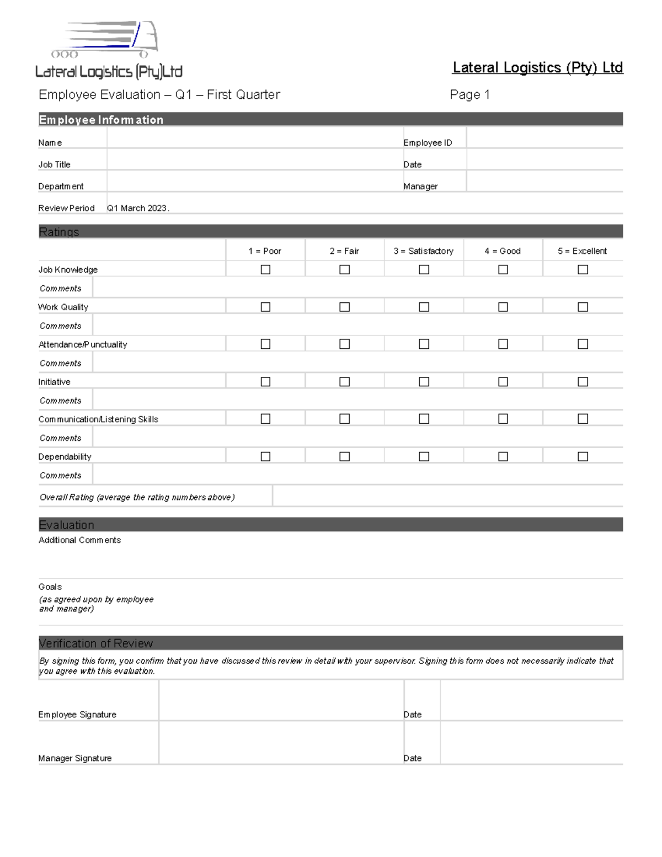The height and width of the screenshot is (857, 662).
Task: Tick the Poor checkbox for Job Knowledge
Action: coord(265,269)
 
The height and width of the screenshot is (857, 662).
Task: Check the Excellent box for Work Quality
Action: coord(583,307)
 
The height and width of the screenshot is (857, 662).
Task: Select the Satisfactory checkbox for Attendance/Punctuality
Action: coord(424,344)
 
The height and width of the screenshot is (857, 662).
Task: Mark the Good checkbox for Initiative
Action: coord(503,381)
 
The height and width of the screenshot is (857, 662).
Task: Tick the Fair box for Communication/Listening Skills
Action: coord(345,419)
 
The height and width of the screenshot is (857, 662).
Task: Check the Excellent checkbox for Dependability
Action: coord(583,456)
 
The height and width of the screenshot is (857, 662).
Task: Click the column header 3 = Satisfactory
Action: coord(423,251)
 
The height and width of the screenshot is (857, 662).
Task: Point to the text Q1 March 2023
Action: coord(137,208)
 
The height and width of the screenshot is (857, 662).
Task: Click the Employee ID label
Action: coord(428,142)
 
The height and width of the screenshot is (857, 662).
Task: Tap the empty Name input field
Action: coord(254,138)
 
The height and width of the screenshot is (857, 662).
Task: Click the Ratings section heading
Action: coord(59,232)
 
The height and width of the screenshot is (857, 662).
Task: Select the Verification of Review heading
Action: coord(96,643)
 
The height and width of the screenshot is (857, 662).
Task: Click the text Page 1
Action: coord(469,94)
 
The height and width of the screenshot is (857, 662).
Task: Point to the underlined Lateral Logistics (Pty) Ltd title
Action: coord(537,68)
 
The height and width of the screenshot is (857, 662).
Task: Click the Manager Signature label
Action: coord(75,758)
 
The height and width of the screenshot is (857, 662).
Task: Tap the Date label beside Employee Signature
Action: coord(412,715)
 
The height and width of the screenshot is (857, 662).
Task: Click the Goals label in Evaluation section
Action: coord(50,587)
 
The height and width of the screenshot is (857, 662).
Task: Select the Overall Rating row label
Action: coord(137,497)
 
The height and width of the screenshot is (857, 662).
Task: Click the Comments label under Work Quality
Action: coord(61,326)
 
